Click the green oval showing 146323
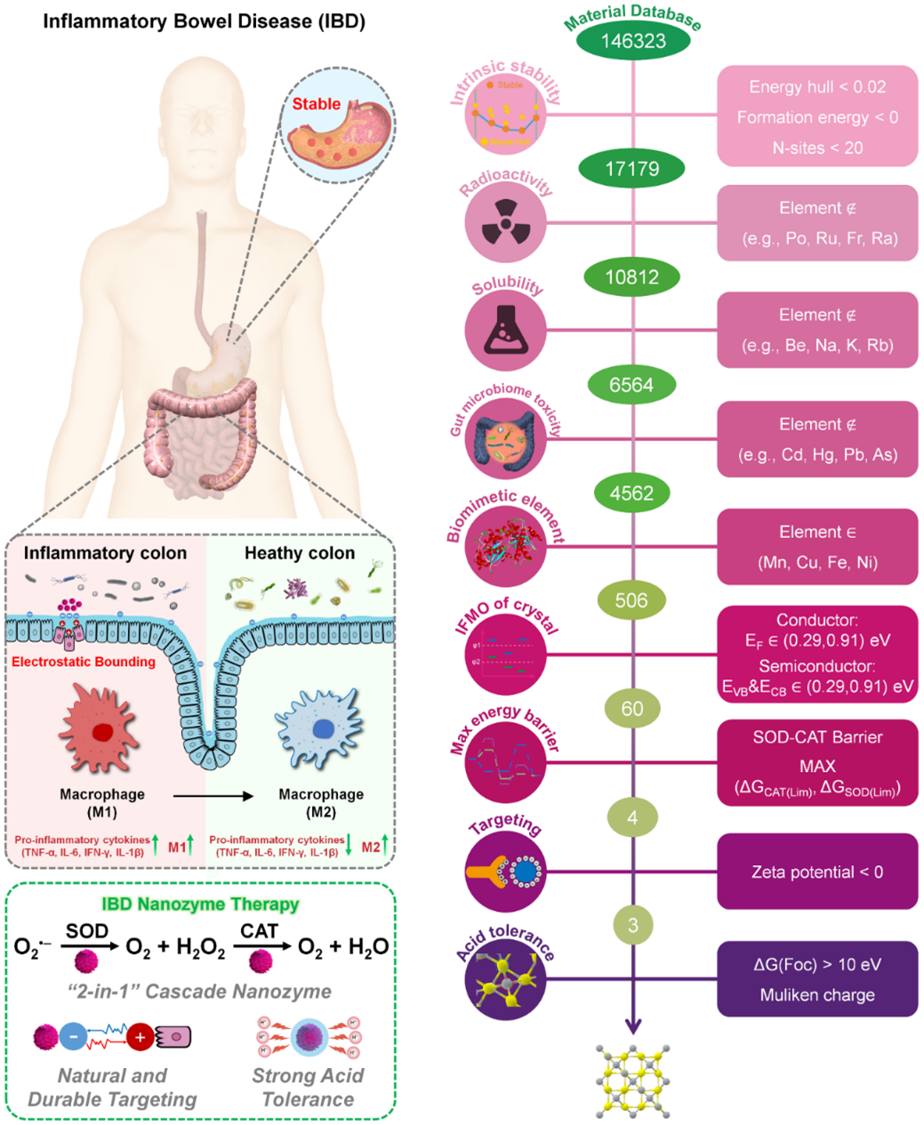(632, 41)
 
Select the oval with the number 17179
(632, 168)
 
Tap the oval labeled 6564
(631, 385)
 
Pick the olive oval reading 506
(631, 600)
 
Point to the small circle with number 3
(632, 925)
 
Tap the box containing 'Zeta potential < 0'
(817, 872)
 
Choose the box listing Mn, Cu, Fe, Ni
(817, 547)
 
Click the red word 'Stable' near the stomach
(317, 104)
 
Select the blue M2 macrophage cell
(321, 729)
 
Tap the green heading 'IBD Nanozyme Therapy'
(200, 904)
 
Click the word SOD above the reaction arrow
(87, 931)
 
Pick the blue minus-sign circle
(73, 1037)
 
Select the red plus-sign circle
(140, 1037)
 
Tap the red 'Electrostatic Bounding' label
(84, 662)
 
